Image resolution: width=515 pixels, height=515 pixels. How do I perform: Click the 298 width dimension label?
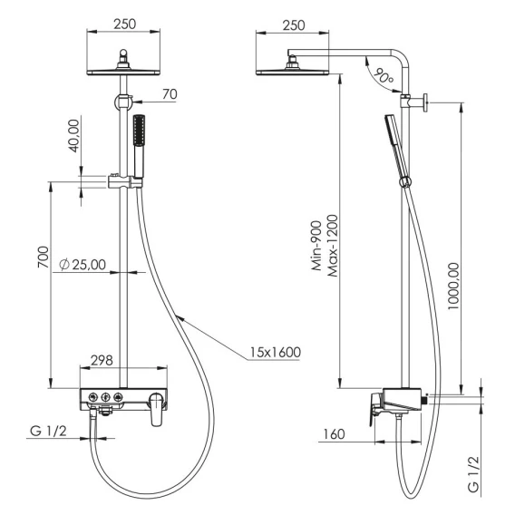[102, 360]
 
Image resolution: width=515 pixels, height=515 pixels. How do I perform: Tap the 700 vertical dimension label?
[44, 257]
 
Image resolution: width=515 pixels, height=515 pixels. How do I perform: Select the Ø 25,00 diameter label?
[83, 265]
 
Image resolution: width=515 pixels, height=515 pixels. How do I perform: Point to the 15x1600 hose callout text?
[276, 353]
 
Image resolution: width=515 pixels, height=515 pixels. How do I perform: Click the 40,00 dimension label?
[74, 136]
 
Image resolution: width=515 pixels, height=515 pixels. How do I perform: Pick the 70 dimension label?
[170, 94]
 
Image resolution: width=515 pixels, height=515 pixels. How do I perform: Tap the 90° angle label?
[384, 76]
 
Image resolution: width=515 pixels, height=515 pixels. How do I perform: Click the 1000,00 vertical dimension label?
[453, 286]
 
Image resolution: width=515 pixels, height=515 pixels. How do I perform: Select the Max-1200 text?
[332, 246]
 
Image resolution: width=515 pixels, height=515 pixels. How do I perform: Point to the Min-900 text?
[316, 246]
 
